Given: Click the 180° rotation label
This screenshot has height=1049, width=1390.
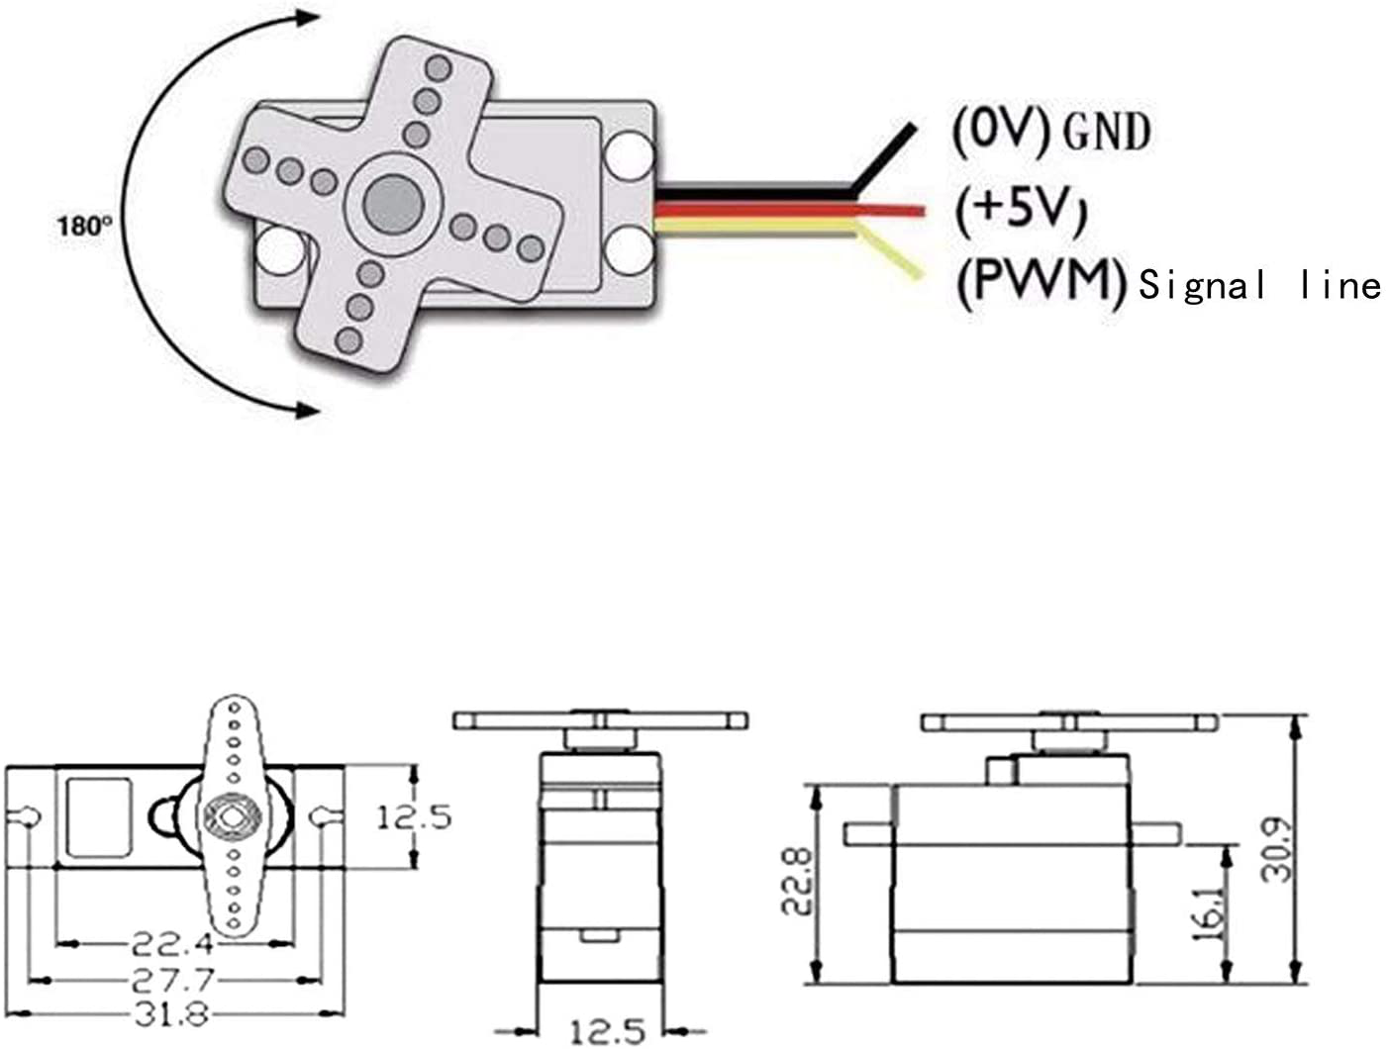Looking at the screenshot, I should [x=83, y=226].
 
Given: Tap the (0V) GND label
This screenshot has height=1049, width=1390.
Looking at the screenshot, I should [x=1050, y=131].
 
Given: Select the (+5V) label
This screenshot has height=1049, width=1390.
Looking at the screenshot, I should [x=1021, y=209].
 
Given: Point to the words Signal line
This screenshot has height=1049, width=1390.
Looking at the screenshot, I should [x=1259, y=286].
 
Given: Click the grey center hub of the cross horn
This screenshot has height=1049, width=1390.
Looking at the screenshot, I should [x=393, y=201].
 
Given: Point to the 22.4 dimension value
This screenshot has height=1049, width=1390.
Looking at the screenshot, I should [x=173, y=943].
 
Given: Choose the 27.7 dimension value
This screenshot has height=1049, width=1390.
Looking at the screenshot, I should [x=173, y=981].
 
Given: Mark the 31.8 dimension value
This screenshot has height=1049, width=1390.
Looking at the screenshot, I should [x=173, y=1013].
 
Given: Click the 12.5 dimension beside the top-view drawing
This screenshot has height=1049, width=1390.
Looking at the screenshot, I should [x=414, y=817].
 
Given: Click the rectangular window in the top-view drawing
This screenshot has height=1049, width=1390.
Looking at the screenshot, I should [x=98, y=816].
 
